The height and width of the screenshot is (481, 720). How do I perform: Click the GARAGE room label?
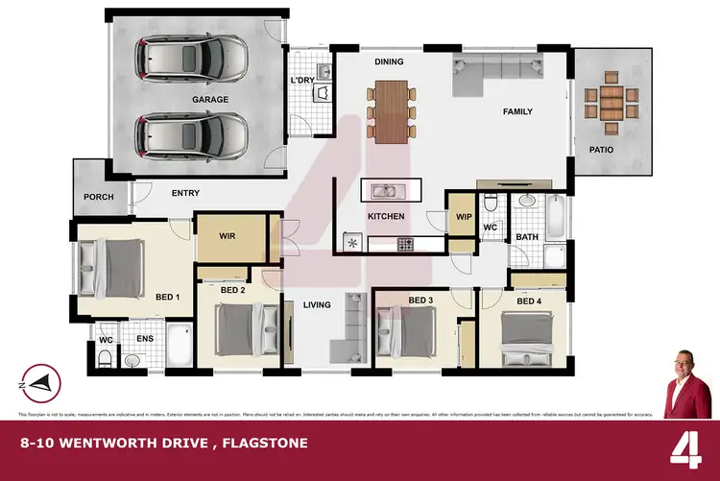209,99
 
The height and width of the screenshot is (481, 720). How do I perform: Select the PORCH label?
99,197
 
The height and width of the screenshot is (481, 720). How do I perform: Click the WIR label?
228,235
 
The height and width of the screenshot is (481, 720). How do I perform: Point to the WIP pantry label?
464,217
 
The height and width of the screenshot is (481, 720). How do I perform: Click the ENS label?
144,338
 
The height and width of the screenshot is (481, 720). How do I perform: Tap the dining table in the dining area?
390,112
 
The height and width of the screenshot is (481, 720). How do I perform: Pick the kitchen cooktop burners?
406,245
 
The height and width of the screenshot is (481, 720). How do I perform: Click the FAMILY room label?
517,111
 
